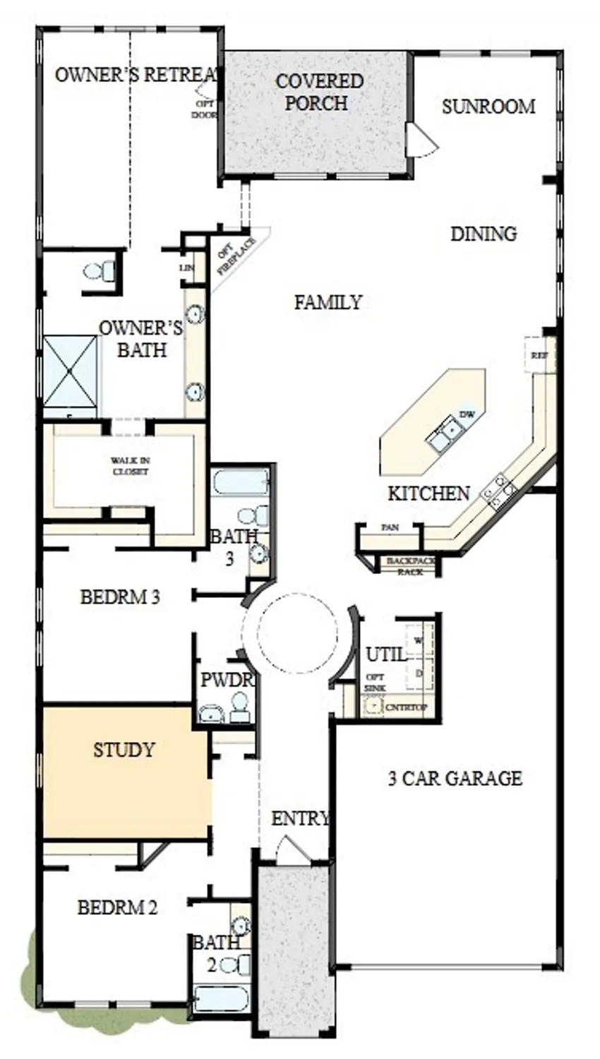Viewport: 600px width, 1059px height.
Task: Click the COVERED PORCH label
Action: pyautogui.click(x=319, y=92)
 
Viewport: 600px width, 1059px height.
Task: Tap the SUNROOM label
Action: pyautogui.click(x=488, y=107)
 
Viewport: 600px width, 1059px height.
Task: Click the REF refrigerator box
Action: pyautogui.click(x=539, y=355)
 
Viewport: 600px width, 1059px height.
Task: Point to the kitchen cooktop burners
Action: pyautogui.click(x=499, y=489)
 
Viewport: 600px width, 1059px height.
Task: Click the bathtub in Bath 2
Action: pyautogui.click(x=221, y=999)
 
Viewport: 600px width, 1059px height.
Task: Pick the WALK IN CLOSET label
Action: pyautogui.click(x=130, y=466)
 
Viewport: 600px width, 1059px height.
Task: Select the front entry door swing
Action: pyautogui.click(x=292, y=849)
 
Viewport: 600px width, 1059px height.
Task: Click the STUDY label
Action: pyautogui.click(x=124, y=750)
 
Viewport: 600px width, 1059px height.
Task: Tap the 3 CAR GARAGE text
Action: pyautogui.click(x=455, y=778)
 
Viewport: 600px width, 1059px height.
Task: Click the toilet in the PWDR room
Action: pyautogui.click(x=240, y=707)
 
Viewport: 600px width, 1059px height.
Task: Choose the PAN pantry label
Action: pyautogui.click(x=389, y=527)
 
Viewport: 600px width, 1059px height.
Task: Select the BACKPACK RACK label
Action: pyautogui.click(x=411, y=566)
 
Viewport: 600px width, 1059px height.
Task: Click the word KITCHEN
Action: pyautogui.click(x=428, y=493)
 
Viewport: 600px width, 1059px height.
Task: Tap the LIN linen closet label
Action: pyautogui.click(x=187, y=268)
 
